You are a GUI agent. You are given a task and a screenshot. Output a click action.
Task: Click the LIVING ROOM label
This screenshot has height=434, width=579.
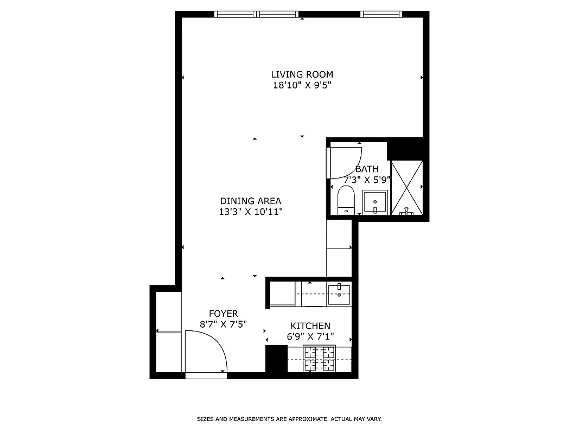(302, 74)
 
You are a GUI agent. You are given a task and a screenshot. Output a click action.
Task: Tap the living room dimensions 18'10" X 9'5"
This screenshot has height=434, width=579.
(302, 85)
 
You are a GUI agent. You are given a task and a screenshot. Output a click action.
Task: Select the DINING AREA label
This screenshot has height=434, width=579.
(250, 201)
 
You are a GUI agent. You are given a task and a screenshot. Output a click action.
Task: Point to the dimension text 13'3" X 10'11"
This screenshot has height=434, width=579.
(250, 212)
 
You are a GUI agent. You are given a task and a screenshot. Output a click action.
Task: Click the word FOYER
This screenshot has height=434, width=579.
(223, 314)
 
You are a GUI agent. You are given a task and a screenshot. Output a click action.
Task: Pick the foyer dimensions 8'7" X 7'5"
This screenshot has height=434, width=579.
(223, 324)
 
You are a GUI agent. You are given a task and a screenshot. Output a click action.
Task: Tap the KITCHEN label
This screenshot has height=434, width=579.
(310, 325)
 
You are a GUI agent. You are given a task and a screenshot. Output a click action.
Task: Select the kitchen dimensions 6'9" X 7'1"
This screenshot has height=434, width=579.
(310, 336)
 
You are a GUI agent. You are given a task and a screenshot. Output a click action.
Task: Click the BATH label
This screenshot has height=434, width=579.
(367, 169)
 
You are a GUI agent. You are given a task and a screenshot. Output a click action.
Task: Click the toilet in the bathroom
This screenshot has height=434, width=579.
(346, 200)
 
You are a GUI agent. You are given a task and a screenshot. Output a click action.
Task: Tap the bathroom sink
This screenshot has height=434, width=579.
(375, 202)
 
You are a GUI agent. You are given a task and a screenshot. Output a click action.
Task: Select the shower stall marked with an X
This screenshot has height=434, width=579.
(406, 187)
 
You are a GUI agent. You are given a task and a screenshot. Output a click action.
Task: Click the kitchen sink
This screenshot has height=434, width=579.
(340, 295)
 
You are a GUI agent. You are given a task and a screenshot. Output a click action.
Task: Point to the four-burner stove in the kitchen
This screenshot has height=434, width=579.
(320, 359)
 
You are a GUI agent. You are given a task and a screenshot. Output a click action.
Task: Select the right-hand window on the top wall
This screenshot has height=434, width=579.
(381, 14)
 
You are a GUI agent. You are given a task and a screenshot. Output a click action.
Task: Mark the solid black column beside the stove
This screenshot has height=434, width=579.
(276, 359)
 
